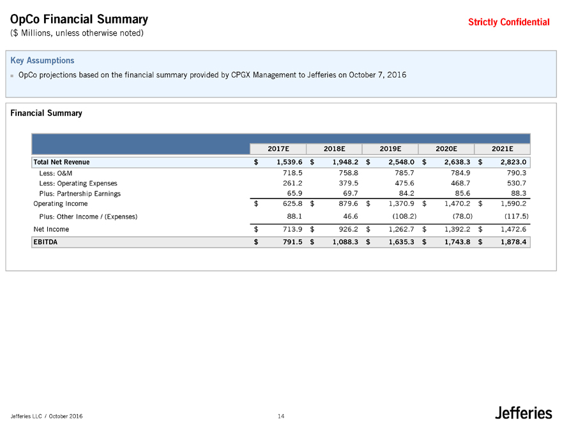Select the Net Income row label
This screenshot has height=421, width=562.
[x=51, y=229]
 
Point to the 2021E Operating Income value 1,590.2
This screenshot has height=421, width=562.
[x=509, y=204]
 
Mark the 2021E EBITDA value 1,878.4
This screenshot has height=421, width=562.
[x=509, y=242]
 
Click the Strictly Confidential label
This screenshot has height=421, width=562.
[x=508, y=22]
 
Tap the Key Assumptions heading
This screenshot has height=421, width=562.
[x=42, y=61]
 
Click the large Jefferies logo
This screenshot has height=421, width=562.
[x=523, y=413]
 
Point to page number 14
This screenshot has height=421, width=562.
[x=281, y=416]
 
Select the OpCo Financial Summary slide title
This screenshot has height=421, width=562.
[x=79, y=20]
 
